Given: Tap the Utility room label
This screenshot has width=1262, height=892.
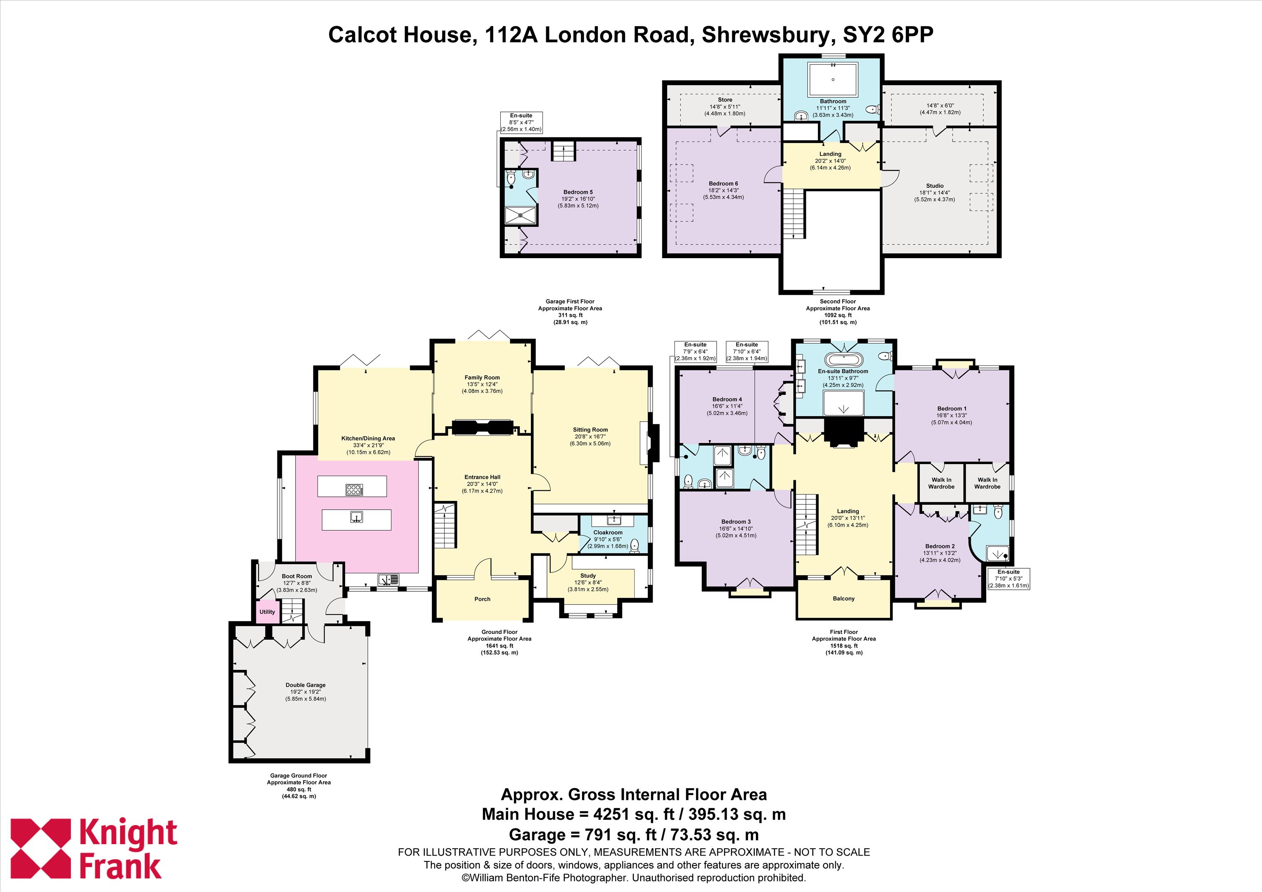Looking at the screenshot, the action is point(267,612).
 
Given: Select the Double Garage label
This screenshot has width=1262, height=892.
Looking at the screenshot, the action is point(305,685).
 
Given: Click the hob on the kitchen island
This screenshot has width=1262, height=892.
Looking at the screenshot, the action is point(354,489).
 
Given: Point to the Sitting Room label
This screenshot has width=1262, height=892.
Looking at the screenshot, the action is point(590,429).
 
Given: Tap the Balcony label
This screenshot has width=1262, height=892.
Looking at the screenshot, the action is point(844,598).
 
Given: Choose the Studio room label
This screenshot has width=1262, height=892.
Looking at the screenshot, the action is point(935,186).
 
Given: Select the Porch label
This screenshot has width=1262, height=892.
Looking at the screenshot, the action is point(482,599).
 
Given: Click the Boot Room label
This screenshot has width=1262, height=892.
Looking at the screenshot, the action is point(297,576).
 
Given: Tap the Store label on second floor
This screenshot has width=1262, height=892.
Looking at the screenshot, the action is point(725,100).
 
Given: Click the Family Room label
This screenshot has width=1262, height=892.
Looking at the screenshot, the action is point(482,377).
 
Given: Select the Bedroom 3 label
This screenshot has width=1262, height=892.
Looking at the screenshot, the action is point(736,521).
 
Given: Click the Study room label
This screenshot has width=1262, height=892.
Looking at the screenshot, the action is point(588,575).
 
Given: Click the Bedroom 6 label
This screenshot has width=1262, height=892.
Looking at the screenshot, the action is point(723,183).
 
